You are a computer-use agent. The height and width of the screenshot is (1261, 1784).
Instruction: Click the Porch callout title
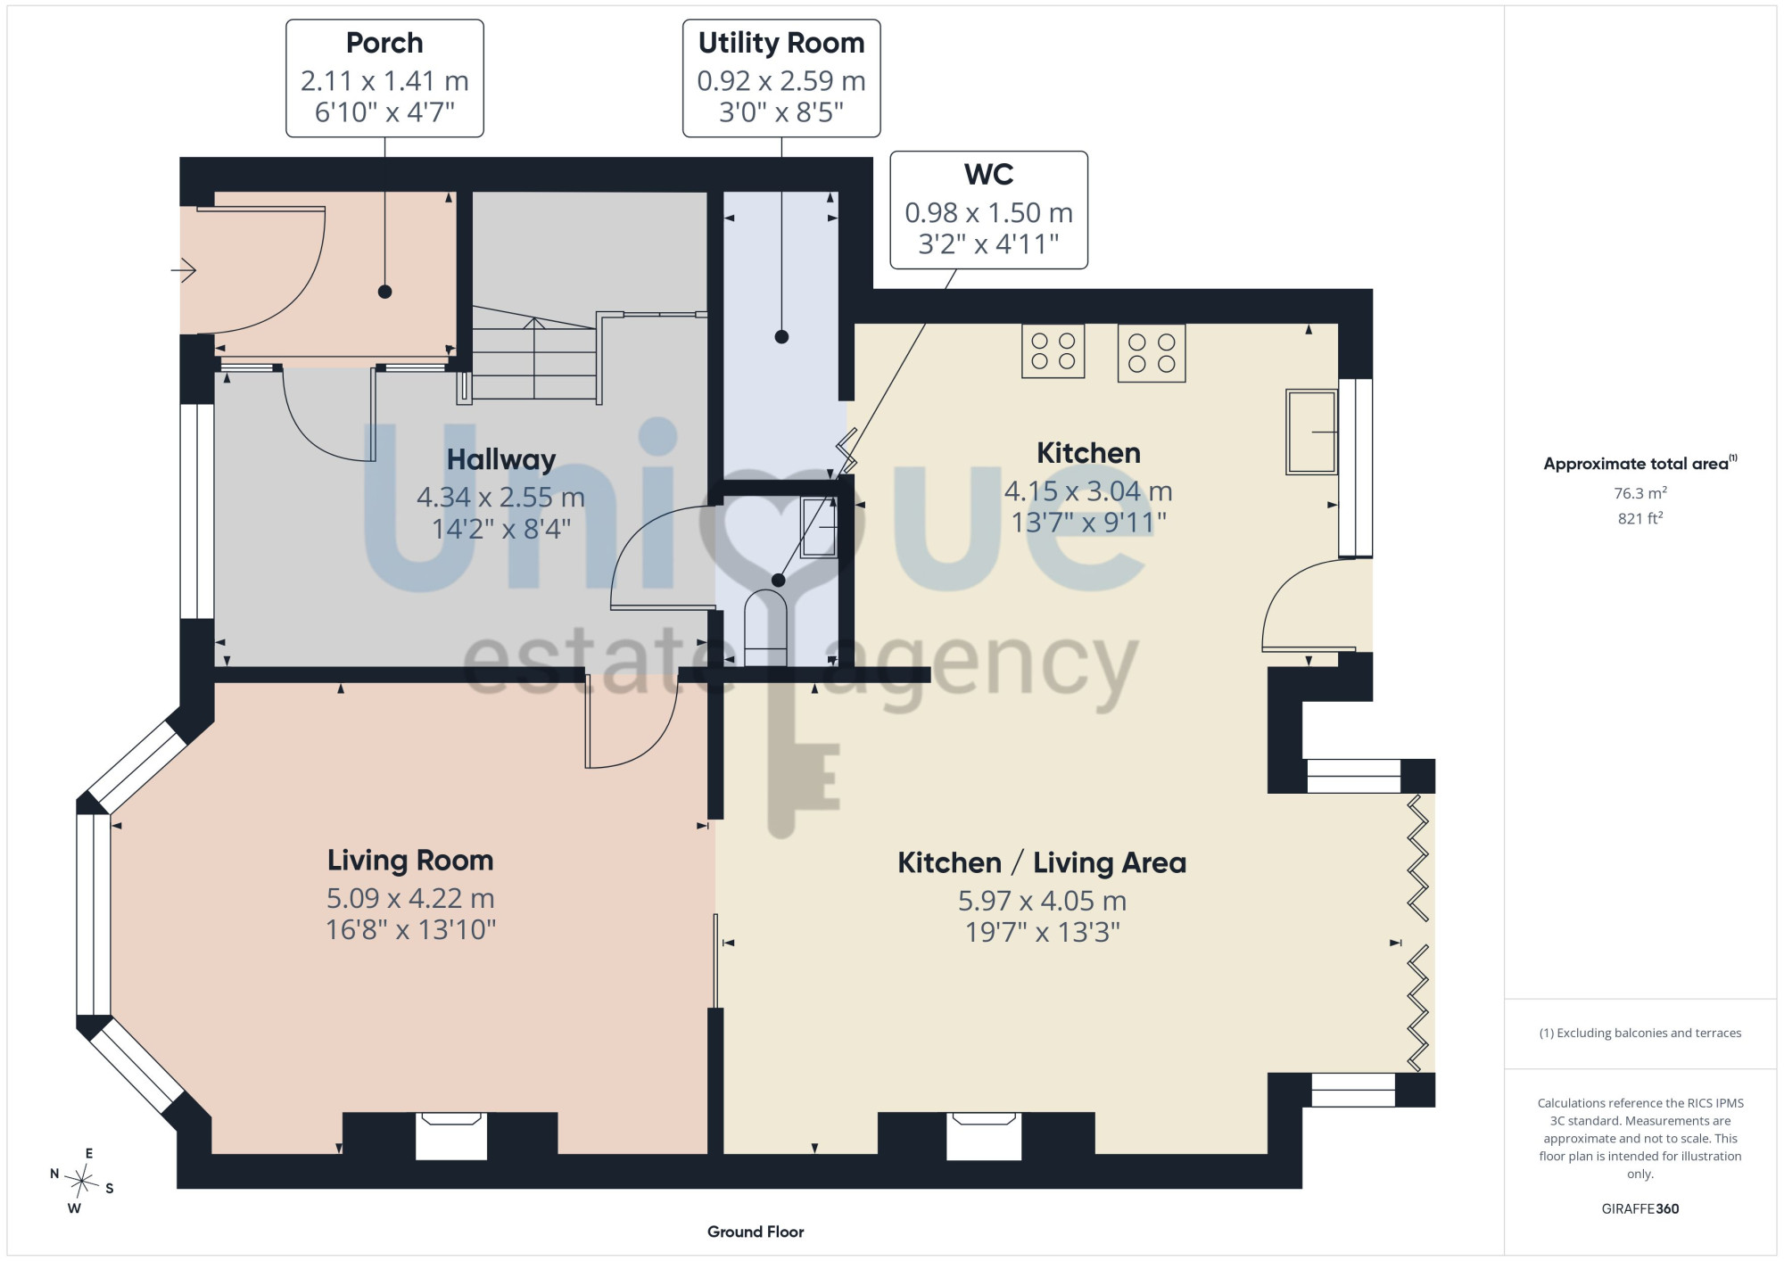(x=384, y=43)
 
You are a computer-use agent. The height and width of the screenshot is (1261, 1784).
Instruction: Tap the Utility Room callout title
(x=781, y=43)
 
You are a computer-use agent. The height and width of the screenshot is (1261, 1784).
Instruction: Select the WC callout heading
(x=988, y=174)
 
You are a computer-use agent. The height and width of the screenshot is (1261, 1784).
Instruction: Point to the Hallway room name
(x=501, y=459)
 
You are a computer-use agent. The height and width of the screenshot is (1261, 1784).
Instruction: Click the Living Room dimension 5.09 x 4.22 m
(x=410, y=898)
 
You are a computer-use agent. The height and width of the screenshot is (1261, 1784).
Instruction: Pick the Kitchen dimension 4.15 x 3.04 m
(x=1088, y=490)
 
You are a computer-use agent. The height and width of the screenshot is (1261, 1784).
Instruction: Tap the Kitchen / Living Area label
(x=1042, y=862)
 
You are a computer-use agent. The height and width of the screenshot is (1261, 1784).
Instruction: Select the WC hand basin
(x=819, y=528)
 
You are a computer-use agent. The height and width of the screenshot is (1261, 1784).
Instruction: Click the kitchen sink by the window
(x=1311, y=432)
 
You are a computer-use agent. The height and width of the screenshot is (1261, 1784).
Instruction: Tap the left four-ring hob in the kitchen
(x=1053, y=351)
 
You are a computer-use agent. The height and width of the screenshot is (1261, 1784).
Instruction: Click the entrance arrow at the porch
(x=184, y=269)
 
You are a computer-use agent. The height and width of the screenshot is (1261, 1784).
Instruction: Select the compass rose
(x=82, y=1182)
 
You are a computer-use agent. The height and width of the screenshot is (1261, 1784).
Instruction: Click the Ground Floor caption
(x=756, y=1232)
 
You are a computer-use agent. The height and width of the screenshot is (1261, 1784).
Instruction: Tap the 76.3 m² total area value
(x=1640, y=492)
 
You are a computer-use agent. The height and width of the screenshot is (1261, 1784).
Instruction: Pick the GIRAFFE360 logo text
(x=1640, y=1209)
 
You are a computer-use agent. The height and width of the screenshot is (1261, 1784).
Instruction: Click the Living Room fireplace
(x=451, y=1135)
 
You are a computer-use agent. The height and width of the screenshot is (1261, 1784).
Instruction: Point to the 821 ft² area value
(x=1640, y=517)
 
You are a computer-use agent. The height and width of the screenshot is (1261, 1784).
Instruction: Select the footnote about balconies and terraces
(x=1640, y=1033)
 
